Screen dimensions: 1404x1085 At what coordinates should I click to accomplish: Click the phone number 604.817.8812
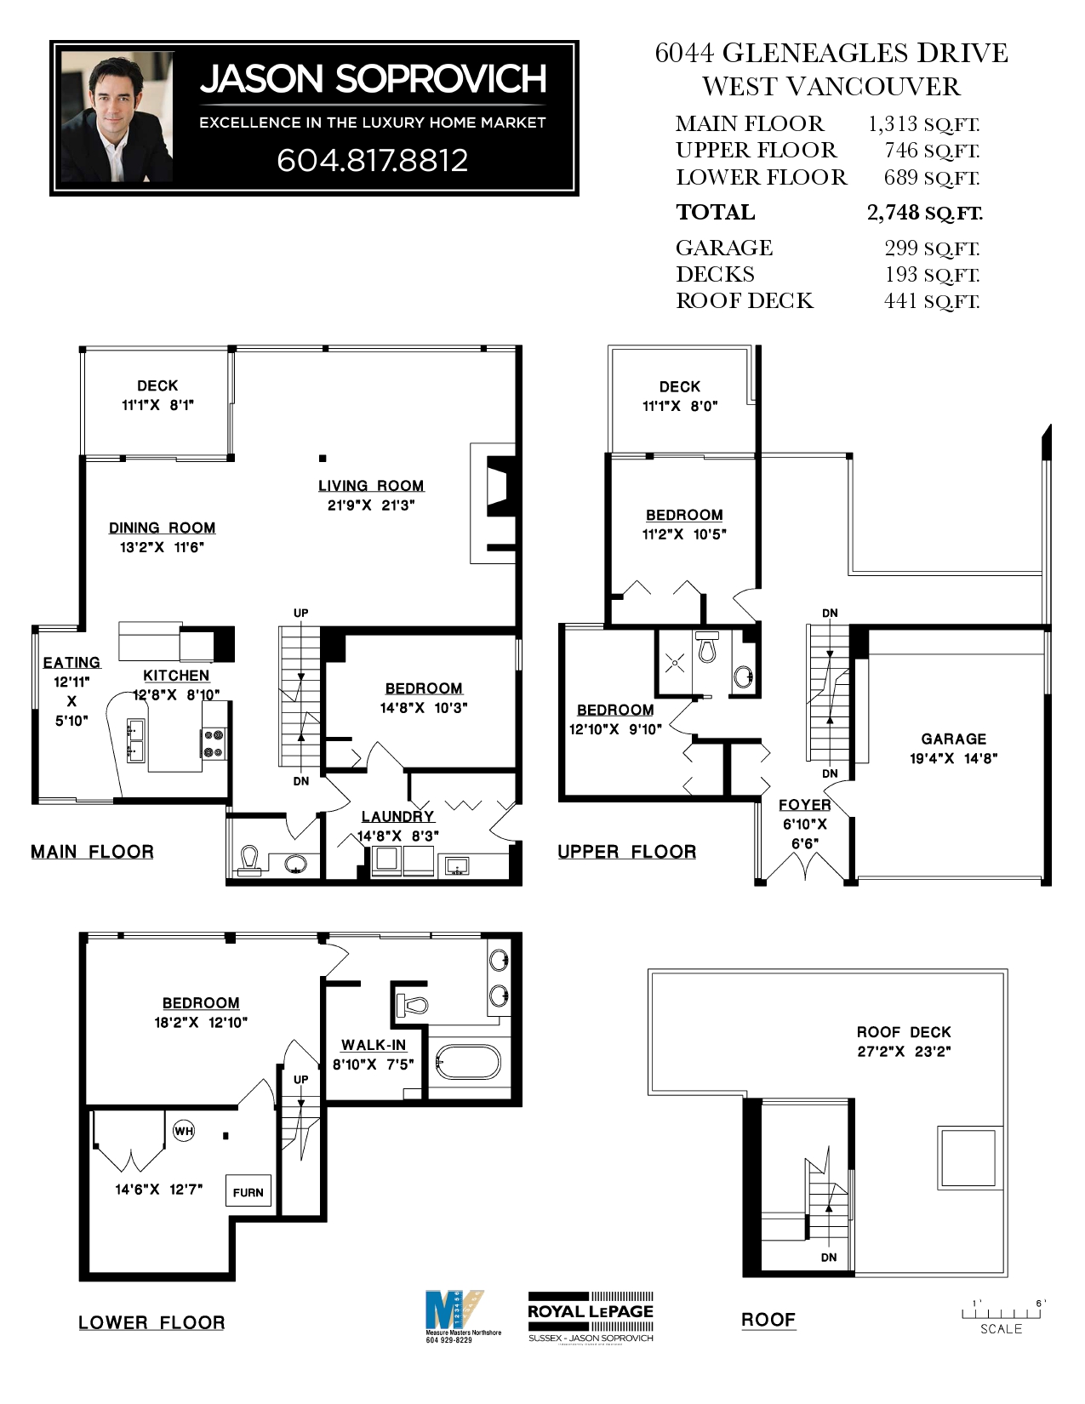372,160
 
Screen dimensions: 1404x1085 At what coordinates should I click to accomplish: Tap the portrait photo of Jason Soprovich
117,117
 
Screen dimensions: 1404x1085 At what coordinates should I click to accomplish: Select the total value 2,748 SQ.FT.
924,213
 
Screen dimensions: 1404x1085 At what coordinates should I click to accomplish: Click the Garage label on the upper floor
953,739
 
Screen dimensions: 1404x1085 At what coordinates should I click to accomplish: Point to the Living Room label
371,486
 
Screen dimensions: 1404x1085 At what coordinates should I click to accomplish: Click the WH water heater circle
184,1131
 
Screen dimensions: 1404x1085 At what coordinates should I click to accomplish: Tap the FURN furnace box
248,1192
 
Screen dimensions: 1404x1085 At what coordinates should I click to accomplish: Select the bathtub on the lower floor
468,1062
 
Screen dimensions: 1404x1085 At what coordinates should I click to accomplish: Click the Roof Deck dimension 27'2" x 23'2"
904,1052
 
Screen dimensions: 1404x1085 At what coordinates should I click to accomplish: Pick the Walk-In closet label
374,1045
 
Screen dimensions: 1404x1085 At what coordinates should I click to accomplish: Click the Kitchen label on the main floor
176,676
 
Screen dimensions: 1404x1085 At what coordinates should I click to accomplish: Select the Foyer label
804,804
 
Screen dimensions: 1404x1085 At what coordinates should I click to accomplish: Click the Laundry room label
397,816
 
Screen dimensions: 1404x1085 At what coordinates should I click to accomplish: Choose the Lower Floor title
151,1323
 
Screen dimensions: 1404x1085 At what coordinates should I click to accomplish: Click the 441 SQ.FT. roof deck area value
932,301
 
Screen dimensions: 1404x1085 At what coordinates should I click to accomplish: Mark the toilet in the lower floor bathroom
414,1005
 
